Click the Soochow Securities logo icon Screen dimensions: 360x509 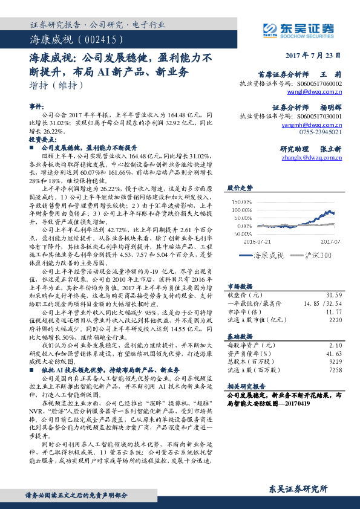tap(269, 29)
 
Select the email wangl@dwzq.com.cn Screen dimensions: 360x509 tap(314, 92)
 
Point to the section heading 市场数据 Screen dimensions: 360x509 tap(240, 286)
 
